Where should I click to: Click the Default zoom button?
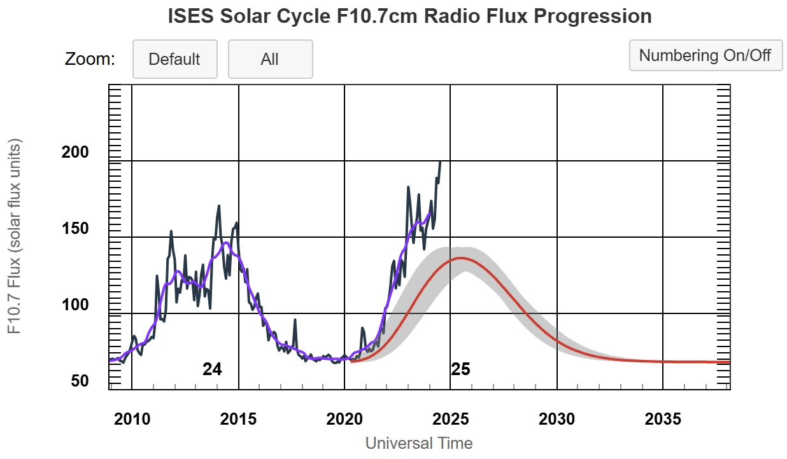point(174,59)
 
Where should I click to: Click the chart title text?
point(409,17)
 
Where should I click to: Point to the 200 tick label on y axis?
point(76,152)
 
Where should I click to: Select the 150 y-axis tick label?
point(76,228)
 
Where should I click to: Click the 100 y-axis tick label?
point(76,305)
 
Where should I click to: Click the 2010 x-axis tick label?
point(132,420)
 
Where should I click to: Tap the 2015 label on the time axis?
point(238,420)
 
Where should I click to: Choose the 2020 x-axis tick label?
point(344,420)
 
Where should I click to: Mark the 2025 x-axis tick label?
point(450,420)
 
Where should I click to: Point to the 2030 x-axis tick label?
point(557,420)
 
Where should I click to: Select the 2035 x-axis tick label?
point(663,420)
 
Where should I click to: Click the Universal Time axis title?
point(419,443)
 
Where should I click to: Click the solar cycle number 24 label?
point(212,369)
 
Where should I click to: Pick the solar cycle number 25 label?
point(460,369)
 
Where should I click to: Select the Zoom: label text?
point(90,59)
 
